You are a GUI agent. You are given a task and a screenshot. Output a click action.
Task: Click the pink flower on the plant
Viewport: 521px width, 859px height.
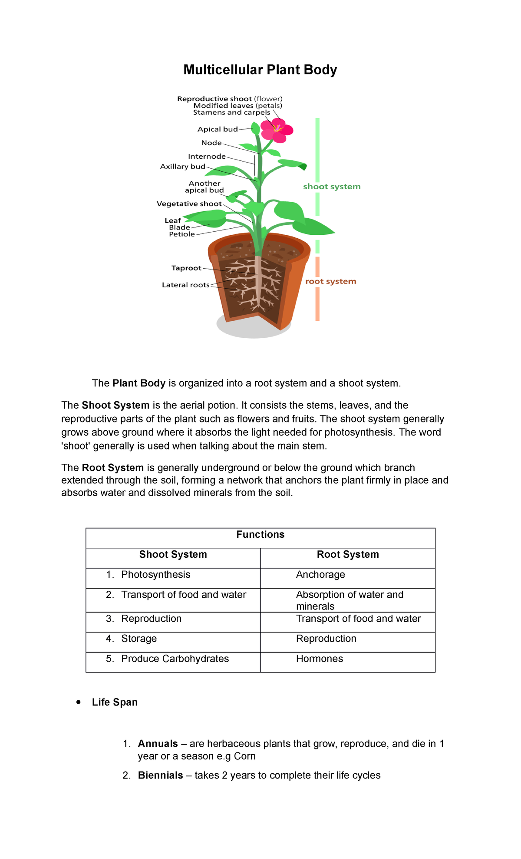pos(277,130)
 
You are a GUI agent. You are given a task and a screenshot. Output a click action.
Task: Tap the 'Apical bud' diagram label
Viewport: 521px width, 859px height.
pos(218,129)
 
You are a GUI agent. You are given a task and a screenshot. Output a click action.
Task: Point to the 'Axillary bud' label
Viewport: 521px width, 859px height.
pos(182,166)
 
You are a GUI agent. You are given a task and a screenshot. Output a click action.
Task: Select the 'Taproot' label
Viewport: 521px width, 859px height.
pos(186,268)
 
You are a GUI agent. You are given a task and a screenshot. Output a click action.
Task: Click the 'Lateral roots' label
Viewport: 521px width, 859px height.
pos(185,285)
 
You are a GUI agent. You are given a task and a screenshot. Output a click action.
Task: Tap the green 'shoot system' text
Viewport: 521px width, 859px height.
pos(332,186)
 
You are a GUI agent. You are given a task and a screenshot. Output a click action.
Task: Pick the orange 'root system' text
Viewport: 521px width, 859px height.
pos(330,281)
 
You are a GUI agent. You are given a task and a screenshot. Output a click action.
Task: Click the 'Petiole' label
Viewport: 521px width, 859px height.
pos(182,234)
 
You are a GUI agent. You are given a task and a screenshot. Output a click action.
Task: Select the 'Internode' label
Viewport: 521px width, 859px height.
pos(207,156)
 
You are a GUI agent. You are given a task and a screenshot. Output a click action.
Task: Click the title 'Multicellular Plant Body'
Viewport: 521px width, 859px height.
pos(260,70)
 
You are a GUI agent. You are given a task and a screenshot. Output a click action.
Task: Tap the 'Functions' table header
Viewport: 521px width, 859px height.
pos(260,535)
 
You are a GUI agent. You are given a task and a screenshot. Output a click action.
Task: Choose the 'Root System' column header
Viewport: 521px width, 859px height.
pos(348,555)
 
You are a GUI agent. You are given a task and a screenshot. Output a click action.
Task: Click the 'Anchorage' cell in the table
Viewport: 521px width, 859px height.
pos(320,575)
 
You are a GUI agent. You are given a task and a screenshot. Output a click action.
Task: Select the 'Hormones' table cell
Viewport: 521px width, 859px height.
pos(320,659)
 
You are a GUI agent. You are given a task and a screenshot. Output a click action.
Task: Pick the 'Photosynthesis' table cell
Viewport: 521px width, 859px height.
pos(155,575)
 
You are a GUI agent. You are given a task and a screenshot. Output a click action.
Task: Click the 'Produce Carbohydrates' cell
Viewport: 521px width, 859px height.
pos(175,659)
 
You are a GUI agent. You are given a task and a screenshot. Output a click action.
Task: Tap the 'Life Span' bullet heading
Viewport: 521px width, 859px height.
pos(115,703)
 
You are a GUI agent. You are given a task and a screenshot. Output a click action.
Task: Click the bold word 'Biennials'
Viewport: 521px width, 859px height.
pos(160,776)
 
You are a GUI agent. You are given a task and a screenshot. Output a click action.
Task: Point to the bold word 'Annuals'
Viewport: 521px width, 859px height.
pos(158,744)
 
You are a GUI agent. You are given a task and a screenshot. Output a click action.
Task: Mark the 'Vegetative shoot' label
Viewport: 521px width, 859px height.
pos(189,204)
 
